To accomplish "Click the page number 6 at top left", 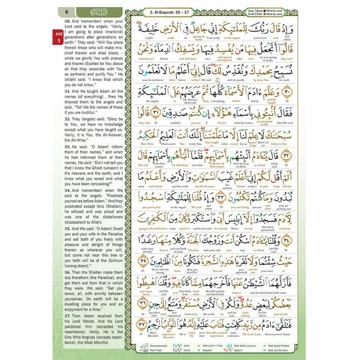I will pyautogui.click(x=67, y=11).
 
